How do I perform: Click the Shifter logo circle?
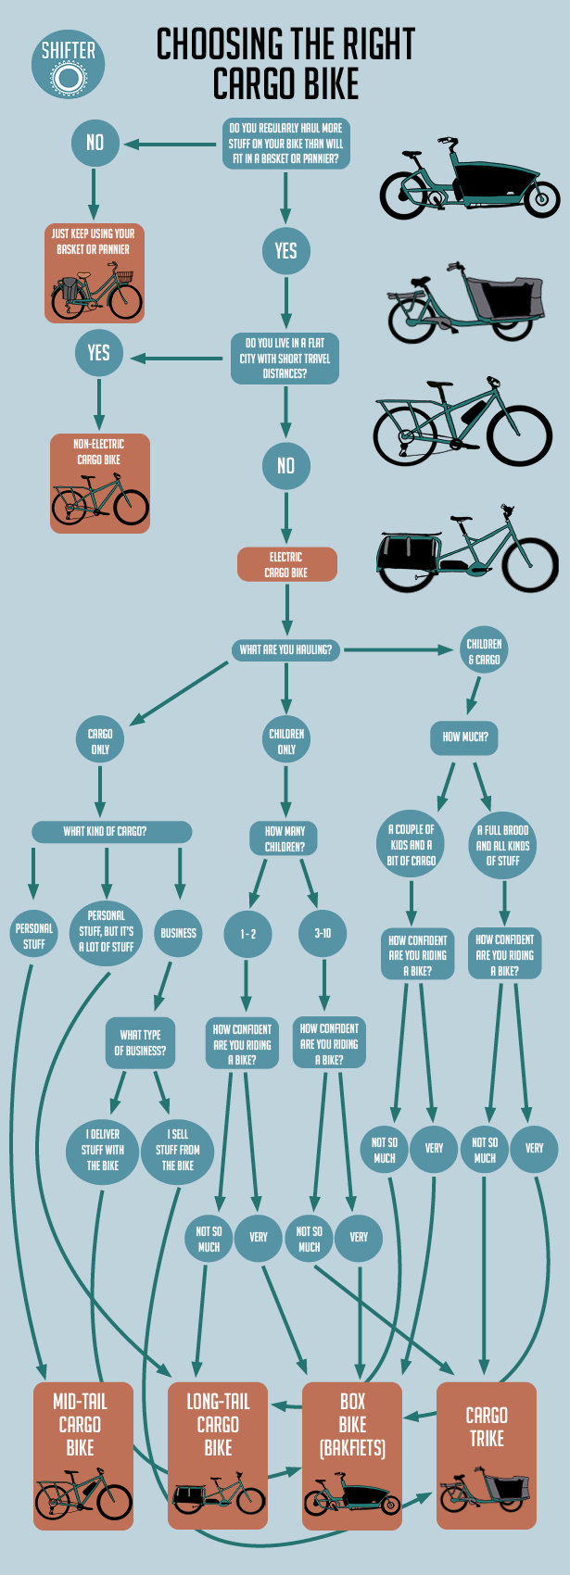69,64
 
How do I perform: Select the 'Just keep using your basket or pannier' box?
95,273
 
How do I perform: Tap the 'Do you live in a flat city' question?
285,359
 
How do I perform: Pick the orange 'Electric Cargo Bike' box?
287,564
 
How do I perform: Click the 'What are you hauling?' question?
285,649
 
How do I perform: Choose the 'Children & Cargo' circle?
484,651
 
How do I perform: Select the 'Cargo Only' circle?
100,741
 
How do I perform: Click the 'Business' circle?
179,933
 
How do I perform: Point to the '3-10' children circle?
323,934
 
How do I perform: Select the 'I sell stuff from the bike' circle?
177,1150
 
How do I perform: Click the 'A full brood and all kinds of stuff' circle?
502,845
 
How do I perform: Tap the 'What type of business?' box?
140,1042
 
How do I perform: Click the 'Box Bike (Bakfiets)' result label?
352,1425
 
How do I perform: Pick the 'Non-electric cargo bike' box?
100,483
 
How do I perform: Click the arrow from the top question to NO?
170,145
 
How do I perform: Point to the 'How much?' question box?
464,737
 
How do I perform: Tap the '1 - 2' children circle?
247,934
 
